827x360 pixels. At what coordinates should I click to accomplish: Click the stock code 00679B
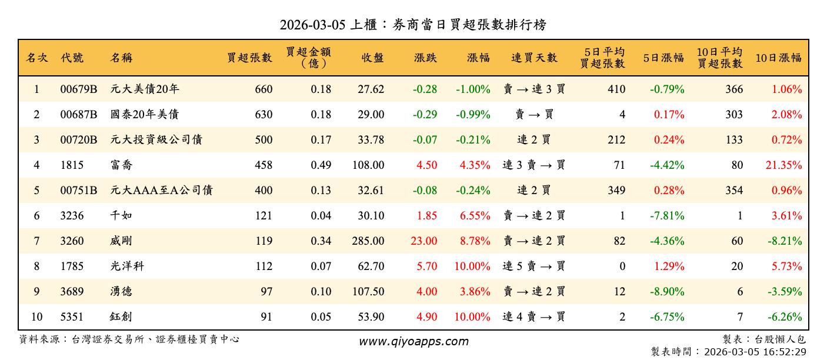tap(78, 89)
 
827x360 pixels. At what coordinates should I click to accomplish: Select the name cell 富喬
tap(121, 165)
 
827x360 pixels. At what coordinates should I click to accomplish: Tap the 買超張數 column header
tap(249, 58)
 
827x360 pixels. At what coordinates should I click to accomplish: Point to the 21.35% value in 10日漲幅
tap(783, 165)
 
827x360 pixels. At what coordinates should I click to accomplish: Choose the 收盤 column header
tap(373, 58)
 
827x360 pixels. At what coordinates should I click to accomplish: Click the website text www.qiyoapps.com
tap(413, 341)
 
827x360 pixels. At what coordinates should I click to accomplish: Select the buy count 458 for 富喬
tap(263, 165)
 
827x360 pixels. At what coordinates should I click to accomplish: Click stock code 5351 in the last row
tap(72, 317)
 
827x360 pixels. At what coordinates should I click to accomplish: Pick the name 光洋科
tap(127, 266)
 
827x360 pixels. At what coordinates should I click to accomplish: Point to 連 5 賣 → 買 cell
tap(533, 266)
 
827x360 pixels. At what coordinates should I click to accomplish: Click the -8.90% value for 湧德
tap(667, 292)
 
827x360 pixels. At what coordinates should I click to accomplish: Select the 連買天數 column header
tap(533, 58)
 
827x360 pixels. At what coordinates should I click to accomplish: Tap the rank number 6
tap(36, 216)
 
